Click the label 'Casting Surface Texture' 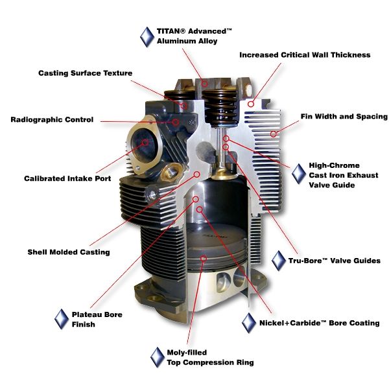click(x=85, y=73)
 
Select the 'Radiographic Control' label click(x=52, y=120)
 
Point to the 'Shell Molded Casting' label click(x=69, y=252)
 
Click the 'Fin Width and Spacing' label click(x=344, y=117)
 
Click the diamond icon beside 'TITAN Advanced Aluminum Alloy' click(x=147, y=36)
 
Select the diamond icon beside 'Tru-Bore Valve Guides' click(x=279, y=261)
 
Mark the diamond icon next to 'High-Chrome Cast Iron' click(x=299, y=174)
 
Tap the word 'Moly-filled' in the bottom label click(x=187, y=352)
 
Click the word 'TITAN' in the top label click(x=171, y=30)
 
